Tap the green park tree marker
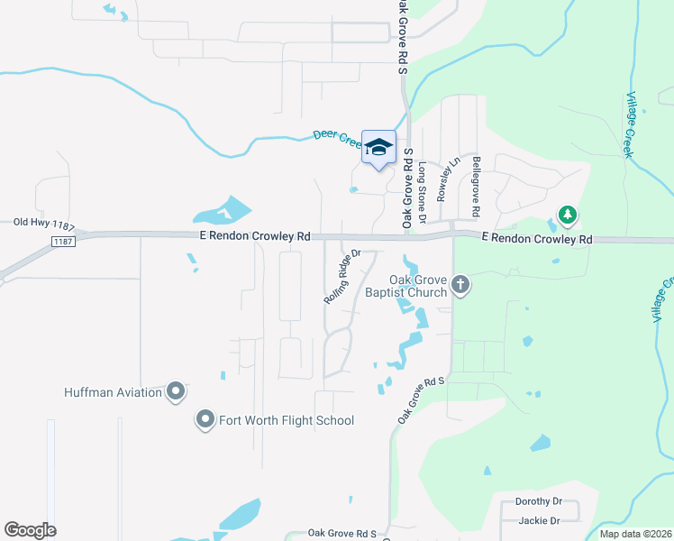(568, 215)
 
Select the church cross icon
(460, 286)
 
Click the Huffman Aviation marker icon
(176, 391)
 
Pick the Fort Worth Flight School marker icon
(205, 419)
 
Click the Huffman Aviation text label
(113, 392)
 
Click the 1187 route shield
(62, 242)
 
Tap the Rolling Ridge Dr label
(342, 275)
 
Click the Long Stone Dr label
(422, 182)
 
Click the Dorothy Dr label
(539, 501)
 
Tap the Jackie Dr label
(539, 520)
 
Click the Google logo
(30, 530)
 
